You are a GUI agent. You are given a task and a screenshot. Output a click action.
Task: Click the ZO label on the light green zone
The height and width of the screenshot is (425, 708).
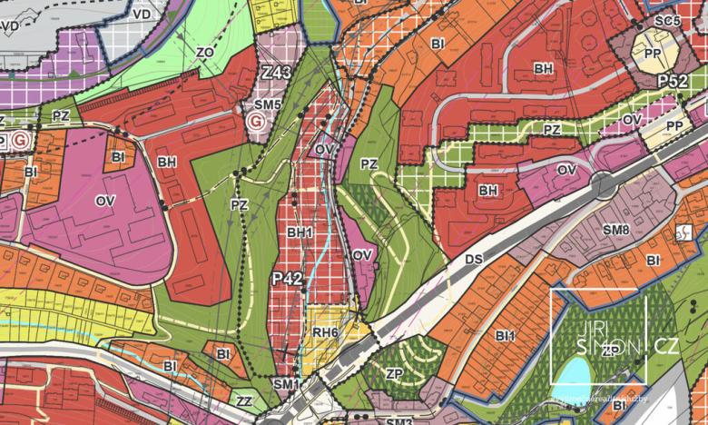click(x=205, y=53)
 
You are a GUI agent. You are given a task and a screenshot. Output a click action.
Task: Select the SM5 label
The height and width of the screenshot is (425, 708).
click(x=267, y=105)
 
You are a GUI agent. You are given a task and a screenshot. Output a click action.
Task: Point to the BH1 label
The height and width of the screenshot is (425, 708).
click(x=300, y=233)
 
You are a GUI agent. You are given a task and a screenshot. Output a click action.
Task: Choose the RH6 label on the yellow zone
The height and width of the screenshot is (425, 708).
click(x=325, y=332)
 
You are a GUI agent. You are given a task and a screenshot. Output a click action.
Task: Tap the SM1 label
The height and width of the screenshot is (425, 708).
click(x=286, y=385)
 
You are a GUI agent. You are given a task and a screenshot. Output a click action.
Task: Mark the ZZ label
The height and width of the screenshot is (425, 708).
click(x=244, y=400)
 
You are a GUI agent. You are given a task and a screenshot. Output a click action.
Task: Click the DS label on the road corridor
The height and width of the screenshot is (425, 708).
click(x=473, y=260)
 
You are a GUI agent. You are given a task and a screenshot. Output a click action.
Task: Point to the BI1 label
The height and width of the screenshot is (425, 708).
click(x=506, y=336)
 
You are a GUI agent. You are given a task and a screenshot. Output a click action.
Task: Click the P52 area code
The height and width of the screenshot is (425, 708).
click(x=673, y=81)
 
